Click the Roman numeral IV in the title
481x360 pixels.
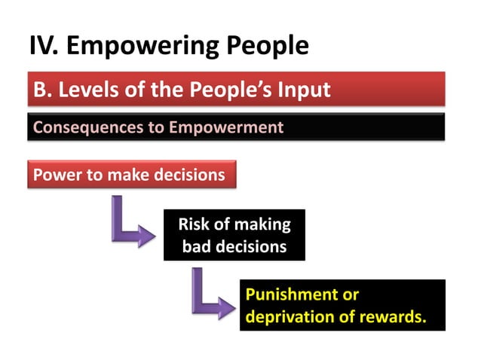(x=44, y=46)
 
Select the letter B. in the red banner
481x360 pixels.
(x=41, y=90)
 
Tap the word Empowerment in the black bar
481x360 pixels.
(x=226, y=127)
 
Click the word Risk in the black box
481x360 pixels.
(x=193, y=224)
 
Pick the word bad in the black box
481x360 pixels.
(x=197, y=246)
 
